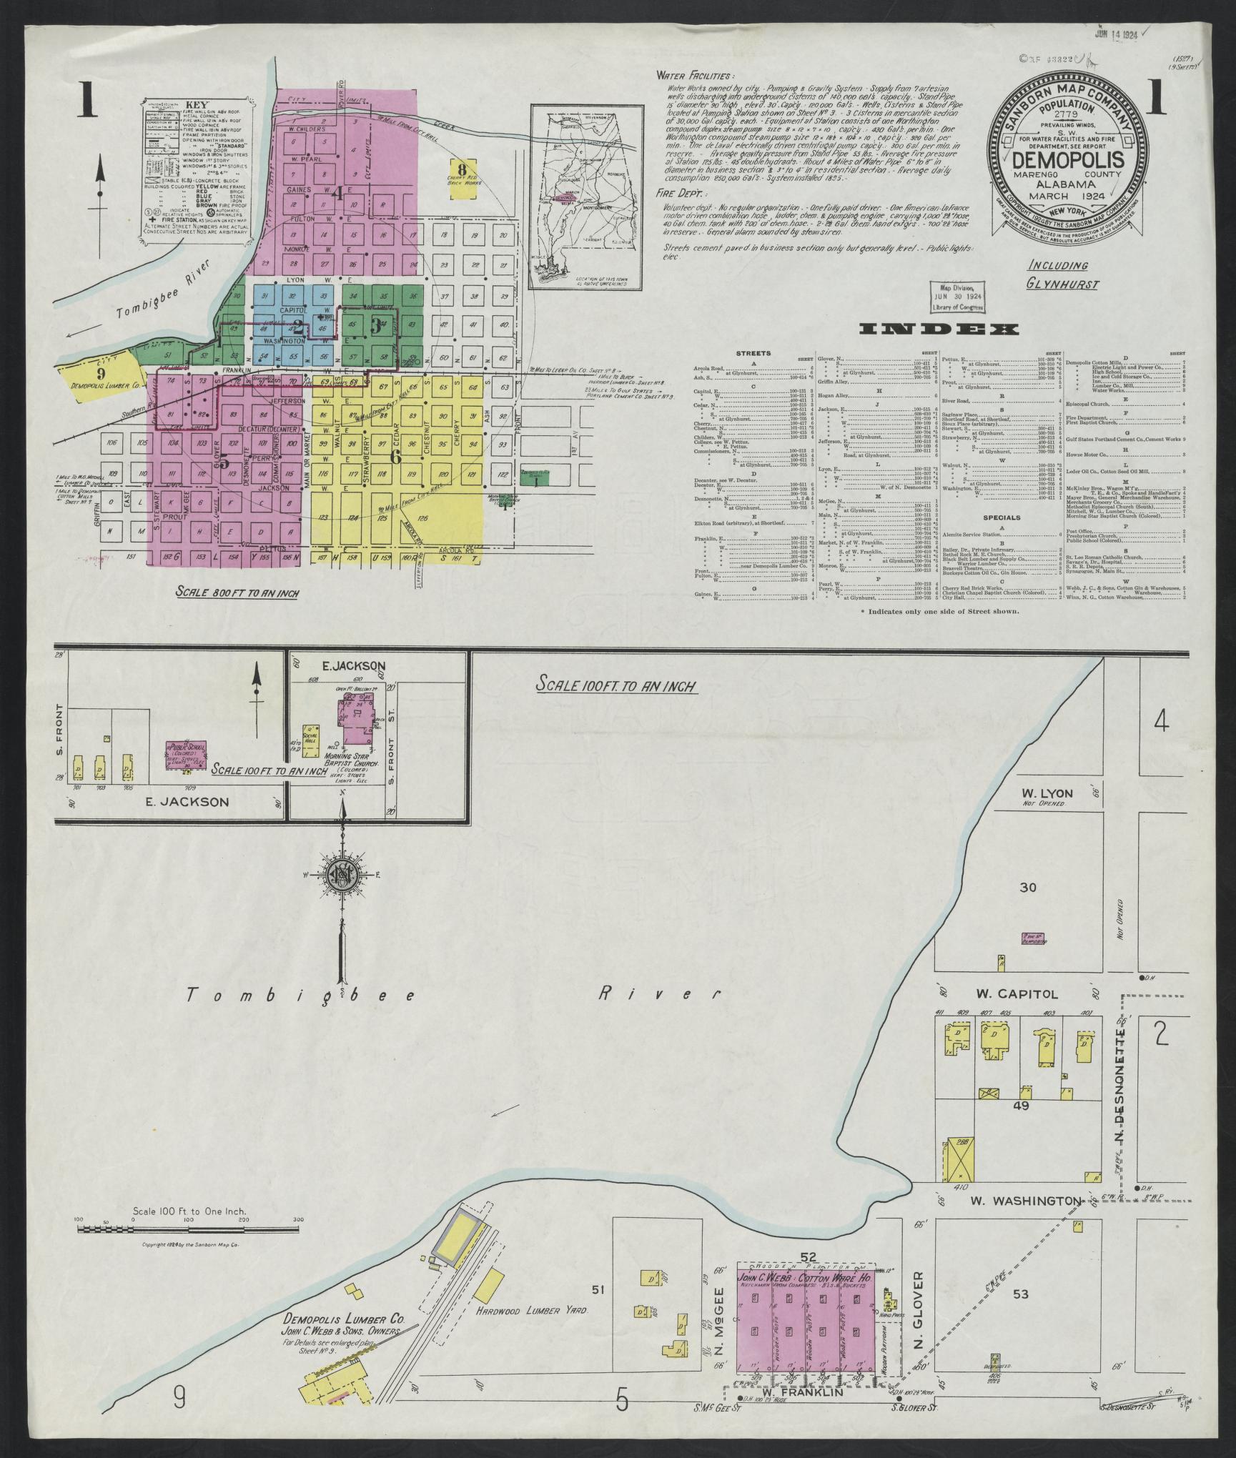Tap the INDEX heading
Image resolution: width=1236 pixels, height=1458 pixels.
(x=939, y=329)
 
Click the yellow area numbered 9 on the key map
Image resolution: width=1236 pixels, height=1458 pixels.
(x=101, y=374)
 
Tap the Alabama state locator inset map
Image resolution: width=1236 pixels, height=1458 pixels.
(x=585, y=197)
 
